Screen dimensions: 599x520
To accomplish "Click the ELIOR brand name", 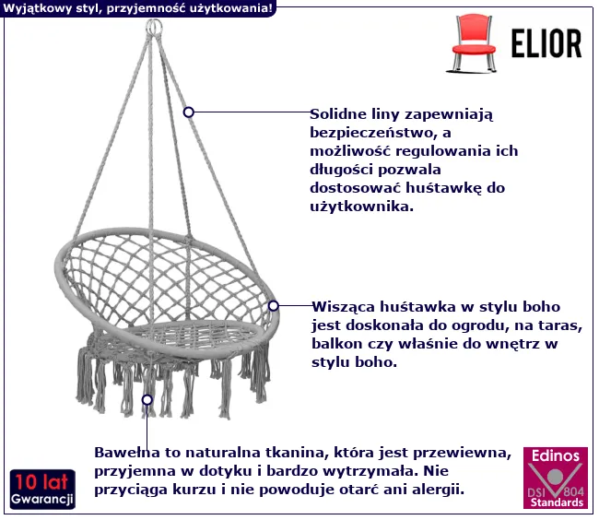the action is [x=546, y=43].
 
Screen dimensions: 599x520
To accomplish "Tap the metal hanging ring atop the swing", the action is [x=154, y=28].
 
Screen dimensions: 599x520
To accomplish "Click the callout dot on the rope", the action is [x=189, y=112].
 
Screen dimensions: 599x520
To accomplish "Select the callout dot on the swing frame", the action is [x=273, y=306].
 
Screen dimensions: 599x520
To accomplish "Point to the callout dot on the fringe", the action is [x=147, y=399].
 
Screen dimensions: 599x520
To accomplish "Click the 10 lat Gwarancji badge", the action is [x=42, y=489].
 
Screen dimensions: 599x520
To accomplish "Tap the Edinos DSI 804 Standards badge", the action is [x=555, y=478].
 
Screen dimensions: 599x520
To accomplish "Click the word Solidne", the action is [x=338, y=113].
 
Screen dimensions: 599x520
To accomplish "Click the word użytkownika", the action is [x=362, y=207].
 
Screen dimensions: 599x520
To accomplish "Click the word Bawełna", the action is [x=127, y=453].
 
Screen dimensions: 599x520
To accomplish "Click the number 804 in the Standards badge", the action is [x=573, y=490].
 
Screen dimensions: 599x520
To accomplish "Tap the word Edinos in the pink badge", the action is [x=556, y=455].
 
